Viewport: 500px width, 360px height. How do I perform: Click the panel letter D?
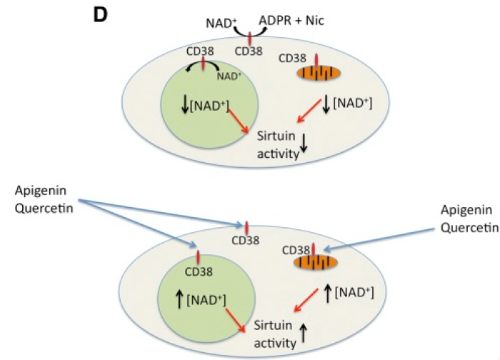click(101, 14)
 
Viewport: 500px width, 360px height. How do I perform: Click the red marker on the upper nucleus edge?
click(203, 63)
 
